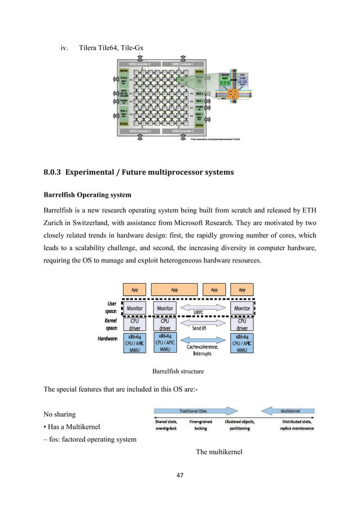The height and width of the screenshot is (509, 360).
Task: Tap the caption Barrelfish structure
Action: click(179, 371)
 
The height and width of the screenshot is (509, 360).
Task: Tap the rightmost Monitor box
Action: click(242, 309)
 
